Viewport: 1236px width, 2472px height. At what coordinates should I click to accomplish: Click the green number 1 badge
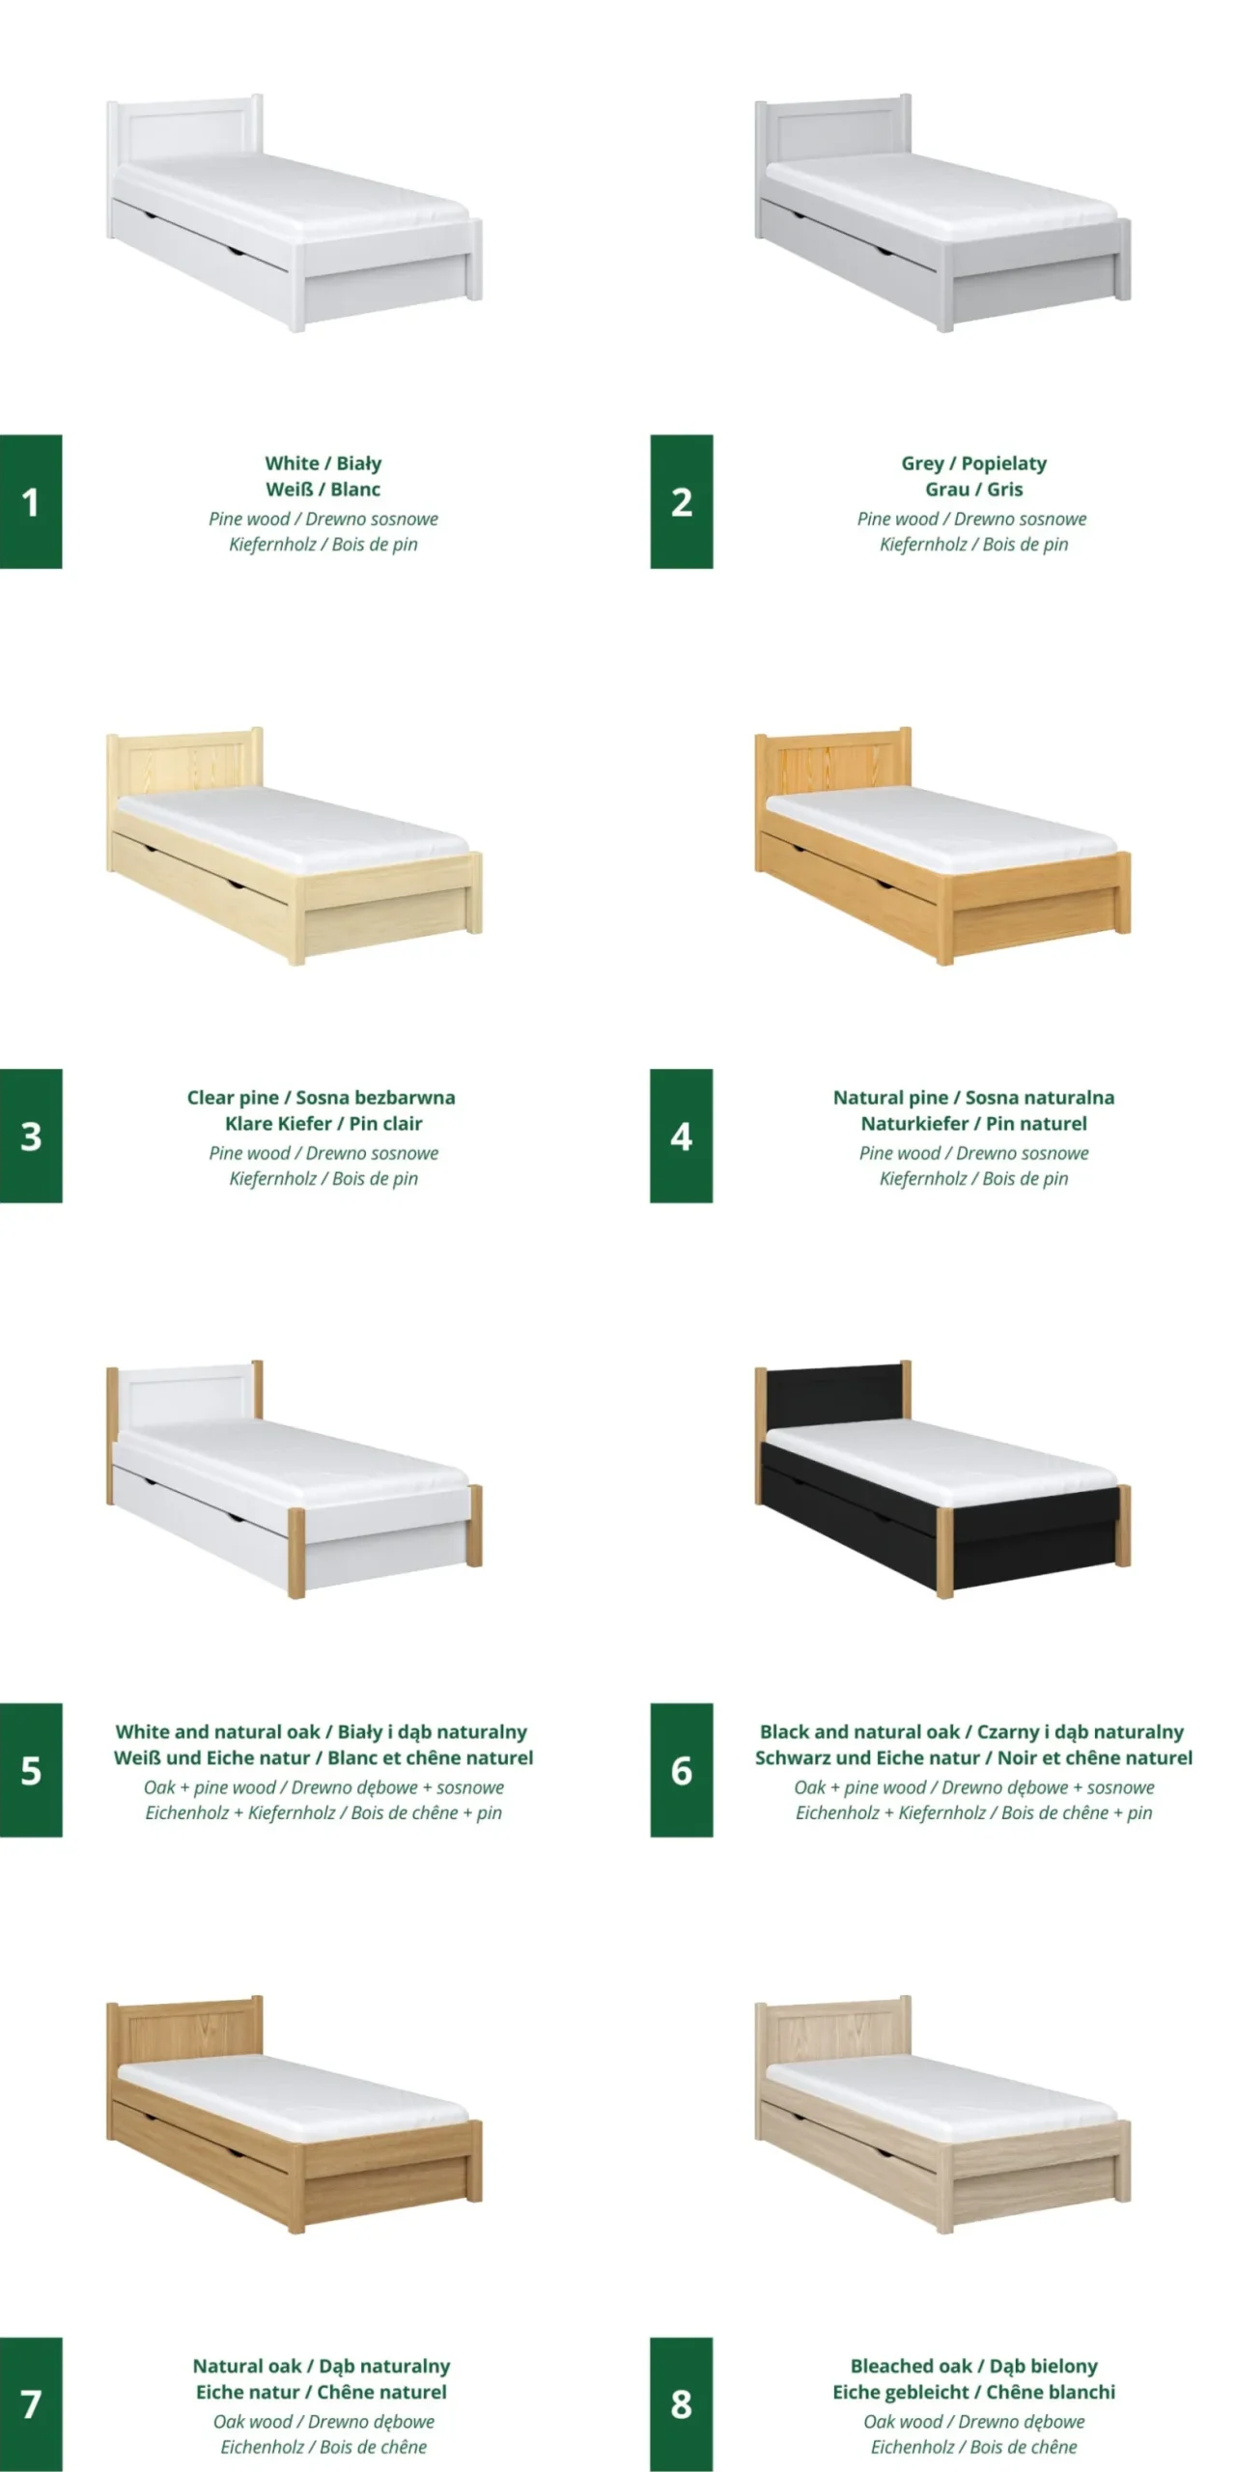point(31,501)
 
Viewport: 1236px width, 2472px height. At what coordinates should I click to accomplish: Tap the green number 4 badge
point(681,1136)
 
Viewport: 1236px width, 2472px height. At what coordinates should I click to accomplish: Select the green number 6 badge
point(681,1770)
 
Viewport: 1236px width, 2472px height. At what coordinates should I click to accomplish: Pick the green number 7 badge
point(31,2403)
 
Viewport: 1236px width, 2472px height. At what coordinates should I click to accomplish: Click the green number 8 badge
point(681,2403)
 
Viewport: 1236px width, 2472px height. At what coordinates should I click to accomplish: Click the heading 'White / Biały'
point(323,463)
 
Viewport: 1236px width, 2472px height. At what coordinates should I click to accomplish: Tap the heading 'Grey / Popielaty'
point(973,463)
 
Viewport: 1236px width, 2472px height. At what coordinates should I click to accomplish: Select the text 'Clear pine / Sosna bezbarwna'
point(321,1097)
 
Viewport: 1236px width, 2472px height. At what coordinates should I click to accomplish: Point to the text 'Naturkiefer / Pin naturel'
point(973,1123)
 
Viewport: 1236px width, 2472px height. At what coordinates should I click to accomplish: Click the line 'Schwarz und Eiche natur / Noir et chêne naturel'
point(973,1757)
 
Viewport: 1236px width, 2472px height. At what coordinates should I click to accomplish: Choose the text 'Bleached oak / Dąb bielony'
point(973,2366)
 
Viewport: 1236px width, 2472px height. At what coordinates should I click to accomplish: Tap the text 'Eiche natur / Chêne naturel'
point(322,2392)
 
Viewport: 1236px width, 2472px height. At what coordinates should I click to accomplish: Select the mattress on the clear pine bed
point(293,829)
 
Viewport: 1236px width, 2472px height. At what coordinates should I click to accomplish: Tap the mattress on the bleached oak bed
point(941,2096)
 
